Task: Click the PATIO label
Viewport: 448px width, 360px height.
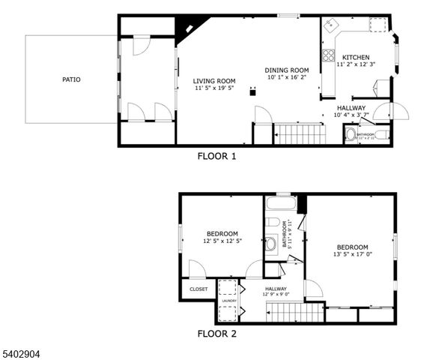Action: [71, 79]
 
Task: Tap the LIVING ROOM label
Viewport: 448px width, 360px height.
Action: [214, 81]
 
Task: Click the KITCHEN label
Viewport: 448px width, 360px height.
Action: [355, 58]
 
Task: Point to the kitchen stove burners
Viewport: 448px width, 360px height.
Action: [327, 54]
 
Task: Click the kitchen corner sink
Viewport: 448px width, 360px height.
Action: [330, 26]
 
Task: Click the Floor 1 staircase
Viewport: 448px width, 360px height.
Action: [300, 134]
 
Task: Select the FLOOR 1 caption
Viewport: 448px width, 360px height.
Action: [217, 157]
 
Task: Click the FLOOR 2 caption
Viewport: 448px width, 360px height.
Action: [217, 334]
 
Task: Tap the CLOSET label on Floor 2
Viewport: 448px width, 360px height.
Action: [199, 289]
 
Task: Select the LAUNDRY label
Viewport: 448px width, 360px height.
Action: [228, 301]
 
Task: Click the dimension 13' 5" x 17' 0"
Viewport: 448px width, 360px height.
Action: [352, 255]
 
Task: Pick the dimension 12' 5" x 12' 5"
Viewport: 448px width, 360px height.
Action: [223, 241]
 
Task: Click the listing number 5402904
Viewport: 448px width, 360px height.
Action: [25, 350]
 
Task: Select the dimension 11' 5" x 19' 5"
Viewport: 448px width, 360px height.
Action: [214, 88]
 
